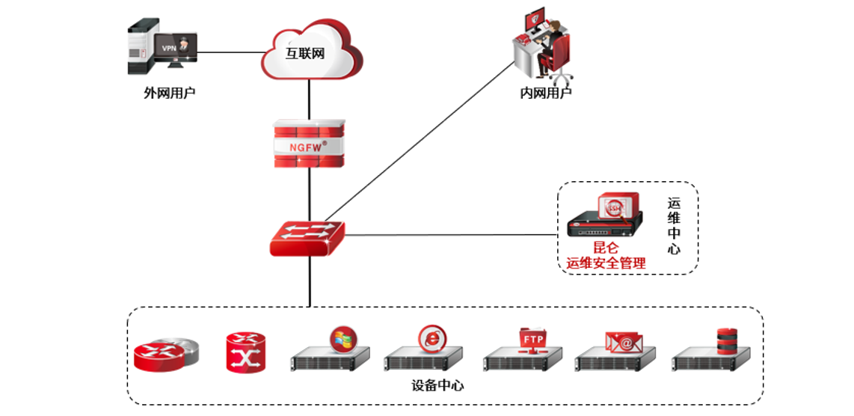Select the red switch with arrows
coord(307,237)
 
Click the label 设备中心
coord(437,386)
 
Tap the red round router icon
coord(166,355)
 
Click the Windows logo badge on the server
coord(344,339)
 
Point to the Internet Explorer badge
coord(431,339)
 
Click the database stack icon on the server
coord(727,340)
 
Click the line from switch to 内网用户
coord(419,142)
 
